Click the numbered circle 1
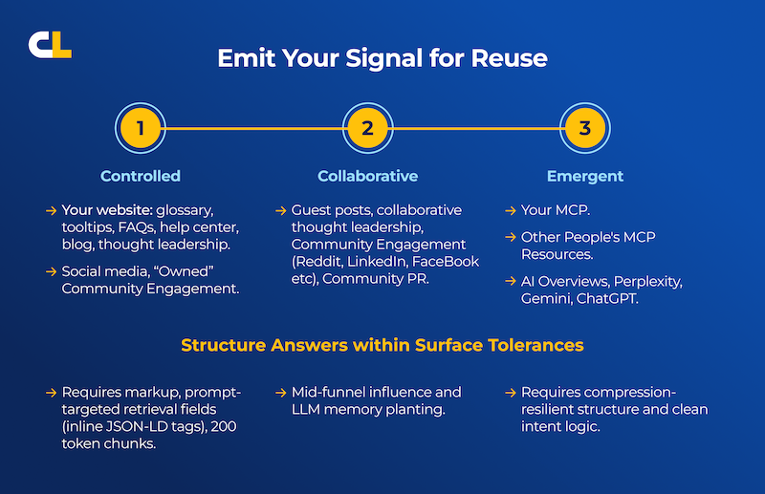[x=141, y=129]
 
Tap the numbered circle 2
[x=367, y=129]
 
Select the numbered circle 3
[x=585, y=129]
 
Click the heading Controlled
[x=141, y=176]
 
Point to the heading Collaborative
[x=367, y=176]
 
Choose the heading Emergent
[x=585, y=176]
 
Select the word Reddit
[x=325, y=262]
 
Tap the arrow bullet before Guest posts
[x=280, y=210]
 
